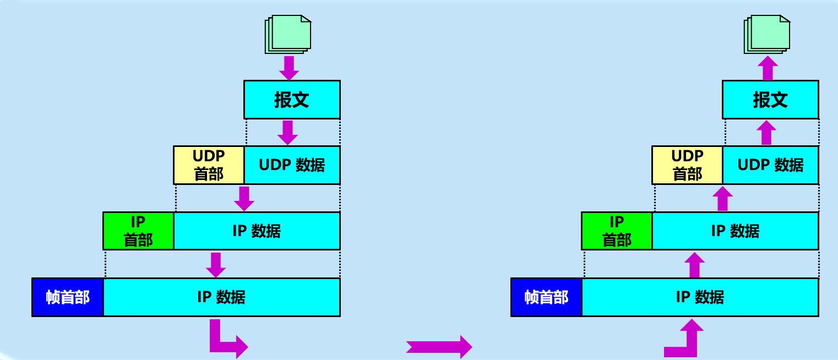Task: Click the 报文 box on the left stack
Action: click(292, 100)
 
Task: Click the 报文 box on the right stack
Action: click(770, 100)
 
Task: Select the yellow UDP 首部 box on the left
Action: click(209, 165)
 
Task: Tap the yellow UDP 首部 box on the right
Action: click(687, 165)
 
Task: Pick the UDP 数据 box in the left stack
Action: click(292, 165)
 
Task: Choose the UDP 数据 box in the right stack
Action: click(770, 165)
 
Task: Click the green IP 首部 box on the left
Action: click(138, 231)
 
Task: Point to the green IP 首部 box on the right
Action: click(617, 231)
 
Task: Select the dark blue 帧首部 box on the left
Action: click(68, 297)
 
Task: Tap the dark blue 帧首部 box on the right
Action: click(546, 297)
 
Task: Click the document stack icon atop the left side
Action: click(288, 34)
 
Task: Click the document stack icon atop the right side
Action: click(767, 34)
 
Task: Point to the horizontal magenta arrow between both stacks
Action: click(439, 347)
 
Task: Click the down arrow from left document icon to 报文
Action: click(289, 67)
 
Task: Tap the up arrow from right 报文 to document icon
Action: click(767, 68)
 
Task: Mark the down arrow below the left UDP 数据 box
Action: click(244, 198)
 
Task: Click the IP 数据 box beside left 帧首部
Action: click(221, 297)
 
